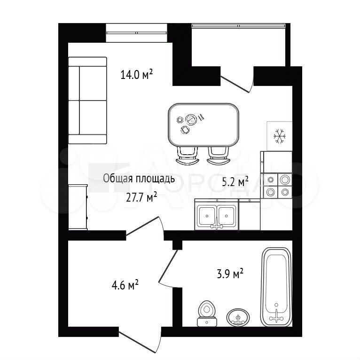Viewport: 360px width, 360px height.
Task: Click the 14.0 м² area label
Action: click(137, 74)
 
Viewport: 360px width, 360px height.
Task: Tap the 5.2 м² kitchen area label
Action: click(235, 181)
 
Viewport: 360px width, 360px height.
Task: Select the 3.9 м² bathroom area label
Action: click(230, 274)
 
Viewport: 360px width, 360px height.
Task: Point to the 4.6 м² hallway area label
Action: click(125, 285)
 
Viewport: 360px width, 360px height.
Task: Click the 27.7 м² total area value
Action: click(141, 197)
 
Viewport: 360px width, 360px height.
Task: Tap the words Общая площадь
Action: click(139, 179)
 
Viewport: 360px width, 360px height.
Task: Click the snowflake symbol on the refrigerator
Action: click(280, 136)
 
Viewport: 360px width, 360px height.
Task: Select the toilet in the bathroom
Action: click(207, 313)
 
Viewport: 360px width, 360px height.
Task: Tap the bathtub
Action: click(277, 287)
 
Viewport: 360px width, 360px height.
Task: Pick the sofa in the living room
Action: click(87, 100)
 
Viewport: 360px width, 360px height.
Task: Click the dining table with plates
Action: click(203, 125)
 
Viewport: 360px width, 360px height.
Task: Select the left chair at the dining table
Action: click(187, 155)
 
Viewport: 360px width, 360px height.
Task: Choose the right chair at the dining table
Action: click(218, 155)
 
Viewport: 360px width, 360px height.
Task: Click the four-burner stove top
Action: click(277, 186)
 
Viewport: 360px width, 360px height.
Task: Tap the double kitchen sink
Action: click(217, 214)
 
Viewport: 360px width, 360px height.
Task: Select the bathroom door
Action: click(169, 268)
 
